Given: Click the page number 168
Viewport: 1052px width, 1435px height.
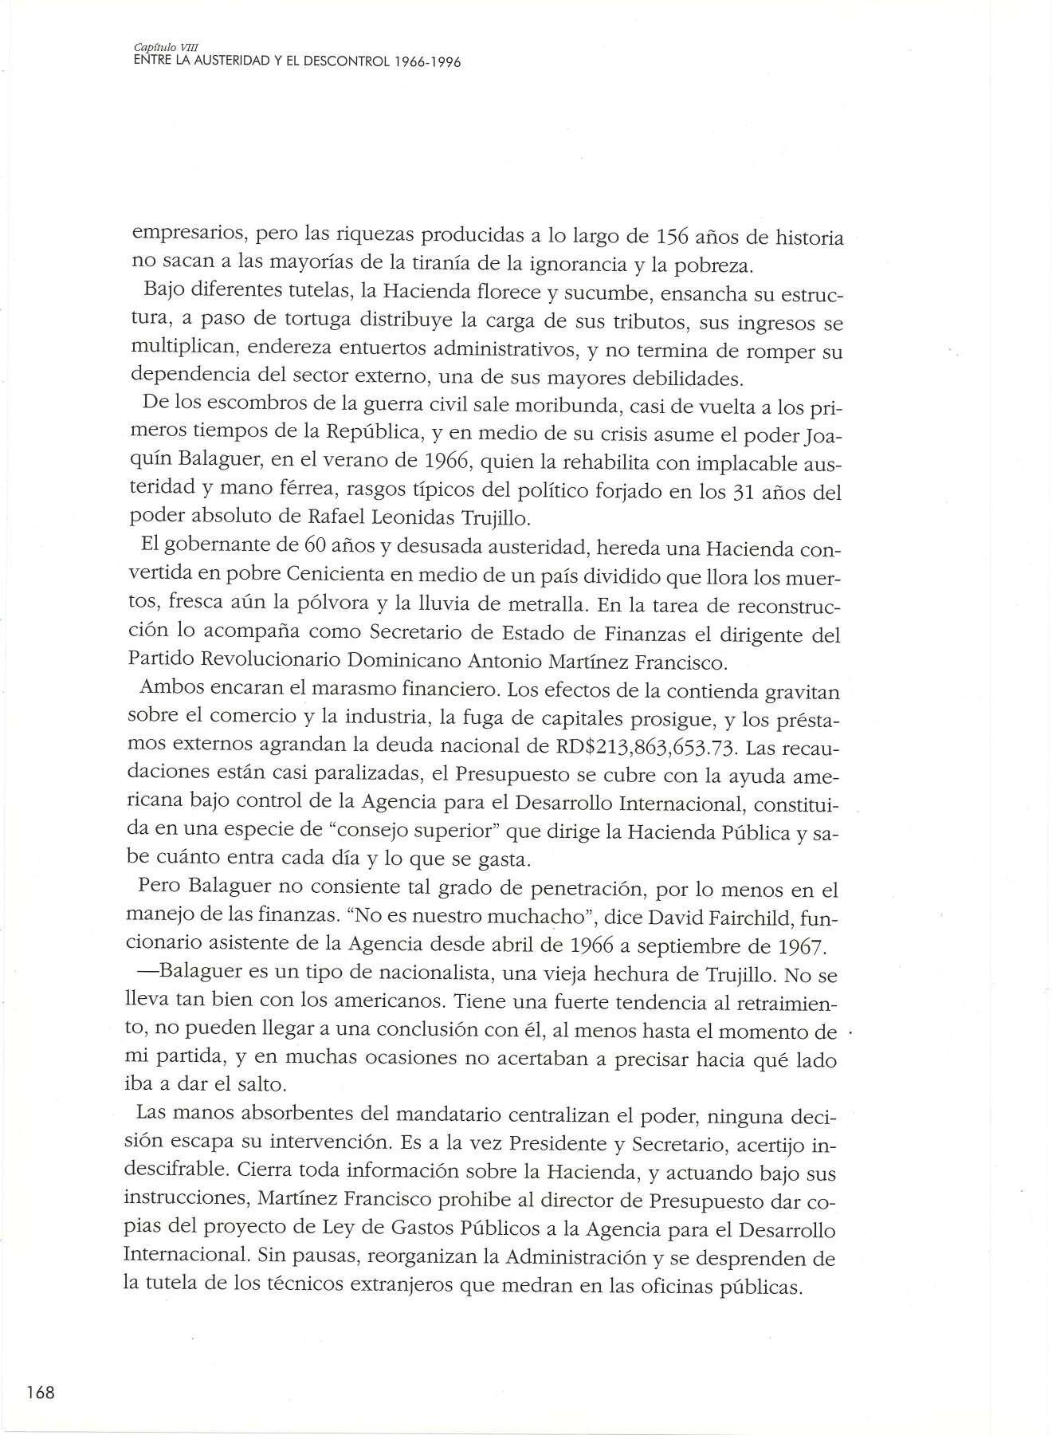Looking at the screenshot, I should point(39,1393).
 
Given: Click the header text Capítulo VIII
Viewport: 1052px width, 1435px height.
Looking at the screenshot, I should point(151,49).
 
